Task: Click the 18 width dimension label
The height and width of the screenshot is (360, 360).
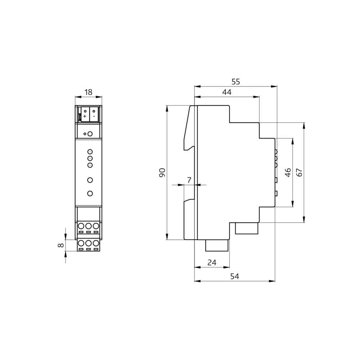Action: [x=89, y=92]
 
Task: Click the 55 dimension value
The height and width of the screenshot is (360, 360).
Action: [x=235, y=82]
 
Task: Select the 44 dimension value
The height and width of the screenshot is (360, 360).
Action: [x=227, y=92]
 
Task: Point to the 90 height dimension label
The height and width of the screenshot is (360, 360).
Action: [x=162, y=173]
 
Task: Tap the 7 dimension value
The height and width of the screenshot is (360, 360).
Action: [x=189, y=180]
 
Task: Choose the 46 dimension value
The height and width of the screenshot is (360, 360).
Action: [x=288, y=173]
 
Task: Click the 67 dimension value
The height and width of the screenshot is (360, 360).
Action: [x=300, y=173]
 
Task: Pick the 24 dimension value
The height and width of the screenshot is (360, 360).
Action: [x=212, y=262]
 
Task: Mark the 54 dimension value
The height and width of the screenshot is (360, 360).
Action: [x=235, y=276]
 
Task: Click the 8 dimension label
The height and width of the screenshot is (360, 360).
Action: [x=60, y=245]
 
